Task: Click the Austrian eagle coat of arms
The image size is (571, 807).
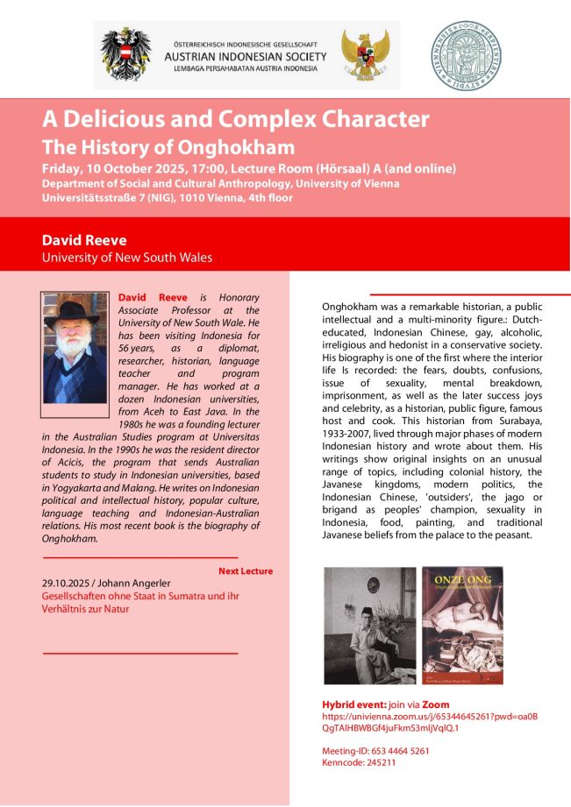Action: click(126, 55)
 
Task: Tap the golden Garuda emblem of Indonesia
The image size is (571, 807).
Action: click(365, 55)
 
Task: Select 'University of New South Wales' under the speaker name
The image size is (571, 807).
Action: click(126, 258)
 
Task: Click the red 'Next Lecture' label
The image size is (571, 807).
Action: click(246, 571)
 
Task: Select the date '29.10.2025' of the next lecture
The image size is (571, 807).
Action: click(68, 583)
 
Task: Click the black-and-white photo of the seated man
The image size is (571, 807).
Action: click(369, 625)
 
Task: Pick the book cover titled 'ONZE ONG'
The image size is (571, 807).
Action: click(462, 625)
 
